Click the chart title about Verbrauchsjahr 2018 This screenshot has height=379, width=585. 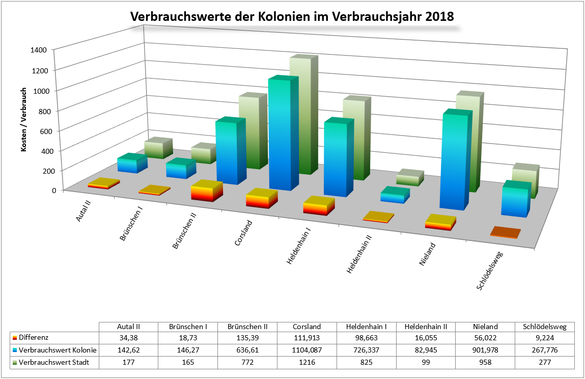pos(292,16)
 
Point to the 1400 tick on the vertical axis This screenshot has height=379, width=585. pos(40,50)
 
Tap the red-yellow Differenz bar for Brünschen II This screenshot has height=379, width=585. pos(207,192)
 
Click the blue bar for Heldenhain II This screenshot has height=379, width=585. pos(395,196)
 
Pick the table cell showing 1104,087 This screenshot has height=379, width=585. pos(307,350)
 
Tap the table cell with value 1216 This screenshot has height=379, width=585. pos(307,362)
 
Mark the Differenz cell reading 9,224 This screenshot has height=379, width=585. pos(544,338)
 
